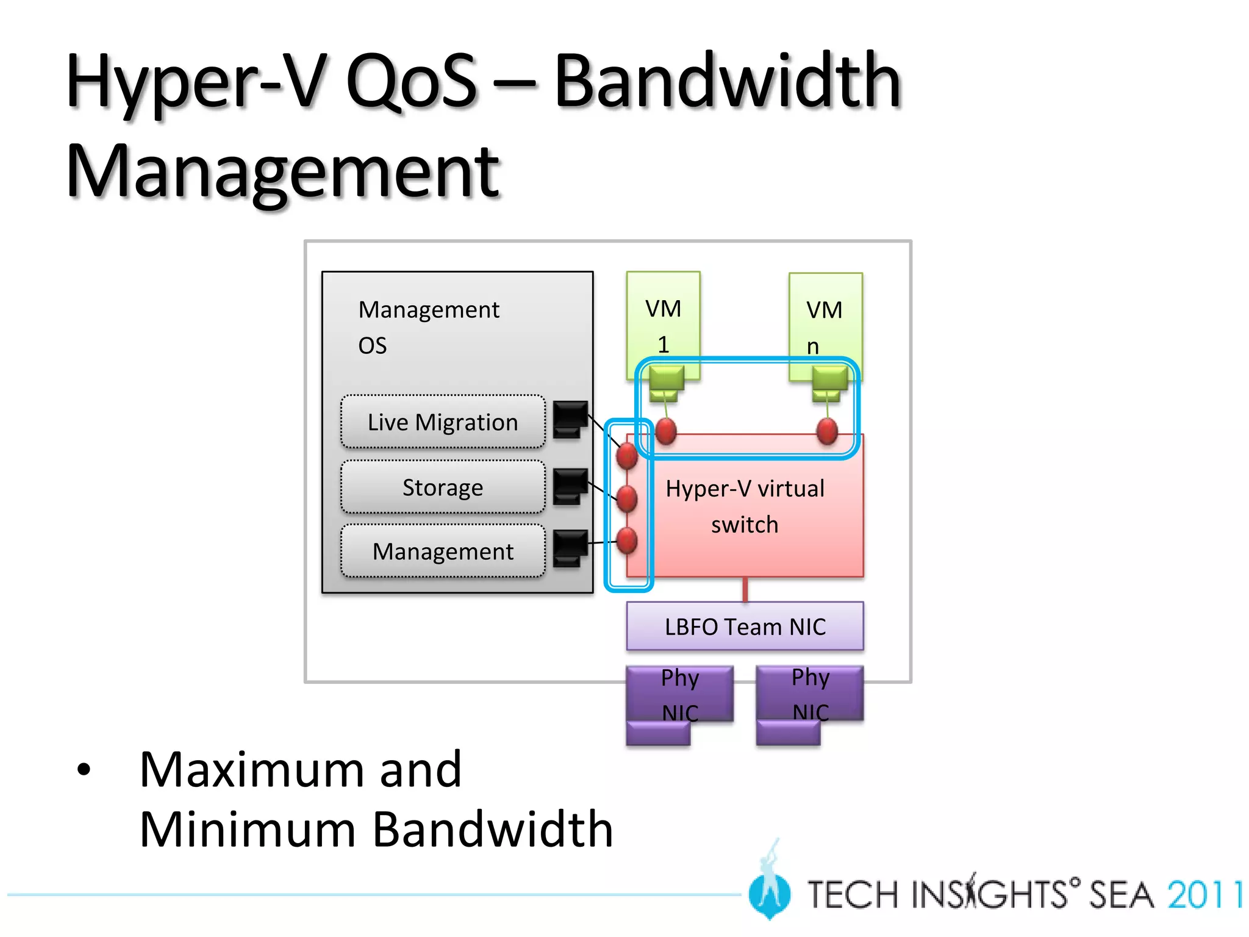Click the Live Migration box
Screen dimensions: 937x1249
(x=443, y=422)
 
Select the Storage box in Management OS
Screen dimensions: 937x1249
(x=443, y=487)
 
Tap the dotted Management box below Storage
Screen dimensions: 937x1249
(x=443, y=551)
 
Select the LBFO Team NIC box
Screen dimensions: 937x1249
(x=745, y=626)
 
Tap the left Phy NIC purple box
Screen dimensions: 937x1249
(x=679, y=695)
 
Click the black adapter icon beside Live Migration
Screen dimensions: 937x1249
(x=570, y=418)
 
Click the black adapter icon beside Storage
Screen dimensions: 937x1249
(x=570, y=486)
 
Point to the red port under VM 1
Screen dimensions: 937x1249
(x=666, y=431)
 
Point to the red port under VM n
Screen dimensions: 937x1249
(x=827, y=431)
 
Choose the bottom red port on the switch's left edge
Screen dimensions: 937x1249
(x=627, y=540)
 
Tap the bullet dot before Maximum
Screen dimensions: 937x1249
(x=84, y=770)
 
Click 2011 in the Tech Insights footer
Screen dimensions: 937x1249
(x=1205, y=895)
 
